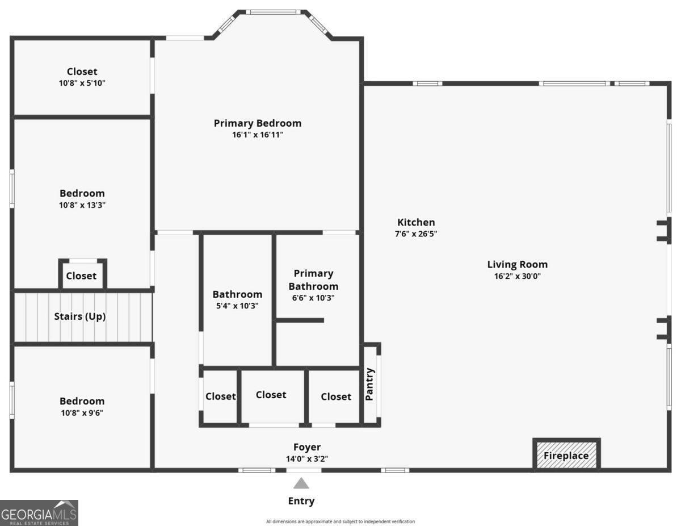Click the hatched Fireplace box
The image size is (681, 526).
(566, 455)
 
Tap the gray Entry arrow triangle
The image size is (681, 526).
(301, 483)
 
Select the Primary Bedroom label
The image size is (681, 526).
(257, 123)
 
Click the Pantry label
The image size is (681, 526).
(370, 385)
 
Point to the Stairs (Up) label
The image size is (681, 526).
(79, 316)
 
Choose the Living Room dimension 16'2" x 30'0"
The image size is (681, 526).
(517, 277)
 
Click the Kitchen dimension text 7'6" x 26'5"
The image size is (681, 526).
(416, 233)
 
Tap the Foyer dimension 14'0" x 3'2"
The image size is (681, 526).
(306, 459)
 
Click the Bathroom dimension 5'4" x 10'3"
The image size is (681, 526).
(237, 306)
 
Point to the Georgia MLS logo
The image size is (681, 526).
(39, 512)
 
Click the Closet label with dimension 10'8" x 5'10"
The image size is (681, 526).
(82, 72)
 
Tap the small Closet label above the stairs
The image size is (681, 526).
(81, 276)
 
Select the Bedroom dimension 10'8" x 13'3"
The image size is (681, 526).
(82, 205)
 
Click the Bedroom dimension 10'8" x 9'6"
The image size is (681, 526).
(82, 413)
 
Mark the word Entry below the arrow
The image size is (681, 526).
(301, 501)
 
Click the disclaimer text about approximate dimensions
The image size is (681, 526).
(340, 521)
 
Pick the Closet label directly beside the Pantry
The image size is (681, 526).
(336, 396)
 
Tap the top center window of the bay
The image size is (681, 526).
(274, 12)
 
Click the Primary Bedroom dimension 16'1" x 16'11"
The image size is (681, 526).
(257, 135)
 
